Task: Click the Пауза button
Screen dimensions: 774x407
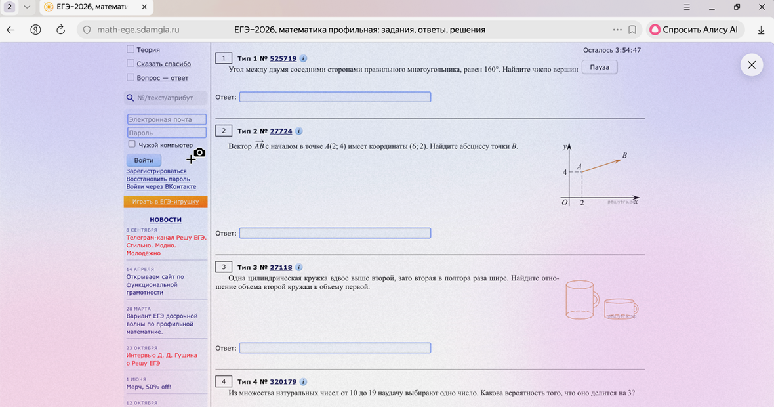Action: tap(600, 67)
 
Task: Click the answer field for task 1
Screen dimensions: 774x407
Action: tap(335, 96)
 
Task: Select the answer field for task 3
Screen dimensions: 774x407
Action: tap(335, 348)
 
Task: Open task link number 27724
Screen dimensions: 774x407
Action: tap(281, 131)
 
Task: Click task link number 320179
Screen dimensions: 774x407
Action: tap(283, 382)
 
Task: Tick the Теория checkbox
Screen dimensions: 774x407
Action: tap(131, 49)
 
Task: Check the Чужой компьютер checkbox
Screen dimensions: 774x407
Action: tap(132, 144)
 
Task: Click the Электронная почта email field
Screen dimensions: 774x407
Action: tap(167, 119)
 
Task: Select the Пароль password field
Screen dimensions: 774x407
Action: tap(167, 133)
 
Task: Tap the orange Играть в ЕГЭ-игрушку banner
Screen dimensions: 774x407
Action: tap(165, 202)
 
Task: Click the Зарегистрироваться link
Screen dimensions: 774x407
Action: tap(156, 171)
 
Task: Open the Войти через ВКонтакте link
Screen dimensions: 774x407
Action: tap(161, 186)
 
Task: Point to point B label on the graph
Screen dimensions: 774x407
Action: tap(624, 155)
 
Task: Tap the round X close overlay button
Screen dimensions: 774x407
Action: tap(751, 65)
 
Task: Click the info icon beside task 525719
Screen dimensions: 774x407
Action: tap(303, 58)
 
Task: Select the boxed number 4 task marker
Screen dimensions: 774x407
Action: tap(224, 381)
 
